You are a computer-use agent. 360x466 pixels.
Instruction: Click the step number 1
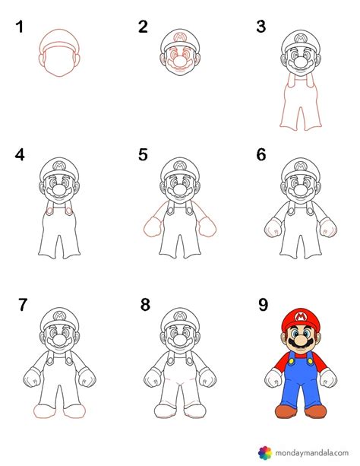point(20,27)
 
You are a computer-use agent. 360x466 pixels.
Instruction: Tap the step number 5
point(143,154)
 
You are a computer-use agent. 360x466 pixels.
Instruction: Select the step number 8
point(145,305)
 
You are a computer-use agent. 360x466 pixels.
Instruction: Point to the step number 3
point(261,27)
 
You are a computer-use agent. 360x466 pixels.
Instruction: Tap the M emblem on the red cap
point(301,317)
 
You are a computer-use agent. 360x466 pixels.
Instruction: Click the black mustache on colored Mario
point(300,344)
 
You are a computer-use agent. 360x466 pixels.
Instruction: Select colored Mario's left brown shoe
point(286,411)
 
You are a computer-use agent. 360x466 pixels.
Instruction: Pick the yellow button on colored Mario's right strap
point(310,361)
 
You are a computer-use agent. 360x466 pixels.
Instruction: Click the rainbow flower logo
point(264,452)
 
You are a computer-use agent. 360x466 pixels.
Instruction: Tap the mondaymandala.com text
point(311,453)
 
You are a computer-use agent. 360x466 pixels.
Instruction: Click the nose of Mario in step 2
point(180,61)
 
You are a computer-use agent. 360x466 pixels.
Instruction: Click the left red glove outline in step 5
point(153,227)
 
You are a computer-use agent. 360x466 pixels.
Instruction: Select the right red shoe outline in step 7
point(74,411)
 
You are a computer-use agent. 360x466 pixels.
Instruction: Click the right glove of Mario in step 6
point(328,227)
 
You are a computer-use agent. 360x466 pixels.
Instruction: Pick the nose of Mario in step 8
point(180,339)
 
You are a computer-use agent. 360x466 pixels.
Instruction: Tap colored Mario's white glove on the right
point(328,378)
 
